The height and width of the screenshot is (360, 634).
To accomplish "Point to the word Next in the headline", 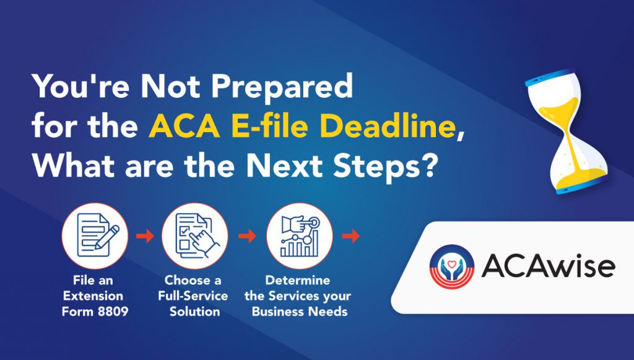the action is (285, 166).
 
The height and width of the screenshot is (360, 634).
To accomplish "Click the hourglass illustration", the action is (567, 131).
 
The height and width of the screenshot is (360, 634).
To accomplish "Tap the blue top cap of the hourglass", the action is (551, 76).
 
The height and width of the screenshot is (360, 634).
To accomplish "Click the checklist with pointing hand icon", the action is (195, 236).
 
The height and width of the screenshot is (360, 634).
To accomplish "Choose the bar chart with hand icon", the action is (300, 236).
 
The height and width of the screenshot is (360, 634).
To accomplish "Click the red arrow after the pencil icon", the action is (145, 236).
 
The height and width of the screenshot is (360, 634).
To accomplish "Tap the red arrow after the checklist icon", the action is (247, 236).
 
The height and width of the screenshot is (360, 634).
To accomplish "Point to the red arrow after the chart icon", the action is (350, 236).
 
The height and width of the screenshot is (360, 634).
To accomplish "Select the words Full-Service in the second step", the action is (193, 296).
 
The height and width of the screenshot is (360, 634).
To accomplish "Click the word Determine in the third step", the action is (298, 280).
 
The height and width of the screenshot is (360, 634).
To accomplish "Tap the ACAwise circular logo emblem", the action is (451, 267).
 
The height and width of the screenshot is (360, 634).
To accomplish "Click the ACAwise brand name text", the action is (549, 266).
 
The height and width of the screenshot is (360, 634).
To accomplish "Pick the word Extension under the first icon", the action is (93, 296).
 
